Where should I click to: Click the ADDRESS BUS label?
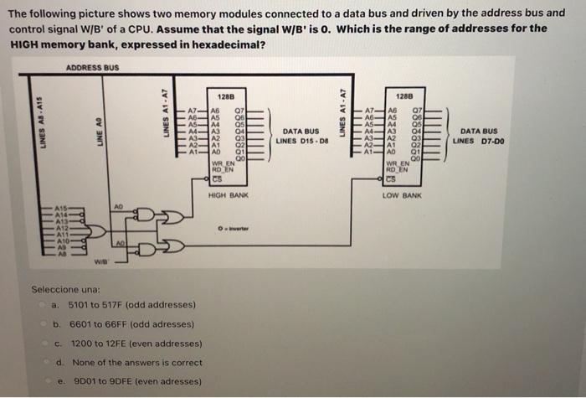click(91, 67)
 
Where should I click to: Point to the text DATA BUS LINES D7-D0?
click(479, 136)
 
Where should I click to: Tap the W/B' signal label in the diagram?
click(99, 258)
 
